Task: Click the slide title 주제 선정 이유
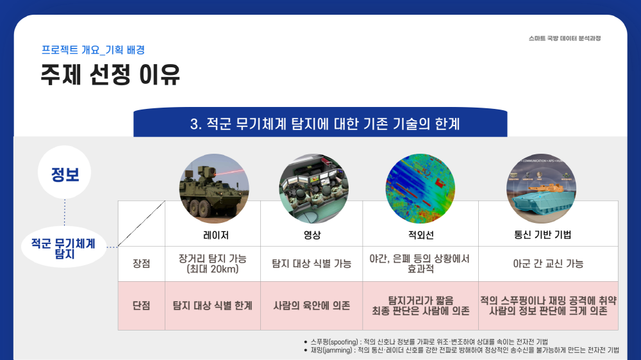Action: tap(110, 74)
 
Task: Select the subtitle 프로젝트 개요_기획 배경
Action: tap(93, 50)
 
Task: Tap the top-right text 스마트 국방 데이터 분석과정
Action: tap(565, 38)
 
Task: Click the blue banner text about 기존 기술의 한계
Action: tap(325, 124)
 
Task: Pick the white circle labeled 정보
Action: tap(65, 172)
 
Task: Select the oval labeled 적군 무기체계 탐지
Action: tap(63, 247)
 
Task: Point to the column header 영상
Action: tap(312, 235)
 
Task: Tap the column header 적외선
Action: tap(420, 235)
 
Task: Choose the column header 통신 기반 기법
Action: tap(542, 234)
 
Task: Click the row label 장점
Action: tap(142, 263)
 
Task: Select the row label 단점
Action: tap(142, 306)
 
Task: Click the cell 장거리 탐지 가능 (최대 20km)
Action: tap(213, 263)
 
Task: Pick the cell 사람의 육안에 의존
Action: tap(312, 306)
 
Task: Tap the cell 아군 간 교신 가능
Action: tap(548, 263)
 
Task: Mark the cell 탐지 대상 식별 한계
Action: tap(213, 306)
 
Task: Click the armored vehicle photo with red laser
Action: tap(214, 189)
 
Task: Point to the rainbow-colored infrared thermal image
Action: tap(420, 189)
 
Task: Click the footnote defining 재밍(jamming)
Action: tap(462, 350)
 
